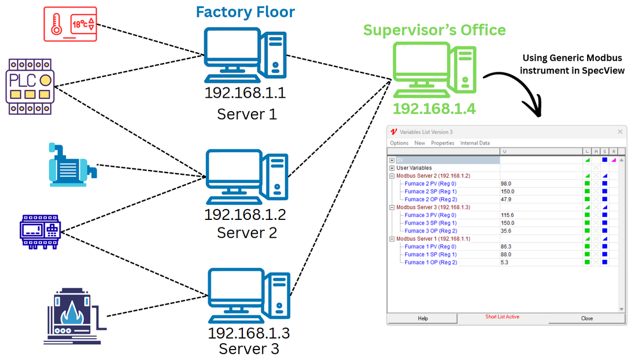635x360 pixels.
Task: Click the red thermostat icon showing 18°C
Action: pyautogui.click(x=71, y=24)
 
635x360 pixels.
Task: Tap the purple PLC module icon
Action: pyautogui.click(x=30, y=86)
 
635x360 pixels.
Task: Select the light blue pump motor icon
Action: pyautogui.click(x=72, y=165)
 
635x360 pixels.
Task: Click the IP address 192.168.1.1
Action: pyautogui.click(x=245, y=93)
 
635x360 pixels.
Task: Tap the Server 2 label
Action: pyautogui.click(x=247, y=233)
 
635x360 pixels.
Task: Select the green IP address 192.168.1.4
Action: pyautogui.click(x=434, y=109)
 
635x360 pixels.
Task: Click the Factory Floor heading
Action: pyautogui.click(x=245, y=12)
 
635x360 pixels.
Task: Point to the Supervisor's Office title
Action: pyautogui.click(x=434, y=30)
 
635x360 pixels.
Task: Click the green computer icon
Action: pyautogui.click(x=434, y=69)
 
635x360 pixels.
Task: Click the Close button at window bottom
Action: pyautogui.click(x=587, y=319)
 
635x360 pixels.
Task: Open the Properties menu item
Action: pyautogui.click(x=442, y=143)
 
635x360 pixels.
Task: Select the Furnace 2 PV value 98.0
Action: pyautogui.click(x=506, y=183)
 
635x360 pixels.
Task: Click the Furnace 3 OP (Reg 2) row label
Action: pyautogui.click(x=430, y=231)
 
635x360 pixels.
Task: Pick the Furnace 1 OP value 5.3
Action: pyautogui.click(x=504, y=263)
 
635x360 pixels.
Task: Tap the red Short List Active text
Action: pyautogui.click(x=502, y=317)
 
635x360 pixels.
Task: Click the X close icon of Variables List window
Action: pyautogui.click(x=620, y=132)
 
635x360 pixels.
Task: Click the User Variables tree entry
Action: pyautogui.click(x=414, y=168)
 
